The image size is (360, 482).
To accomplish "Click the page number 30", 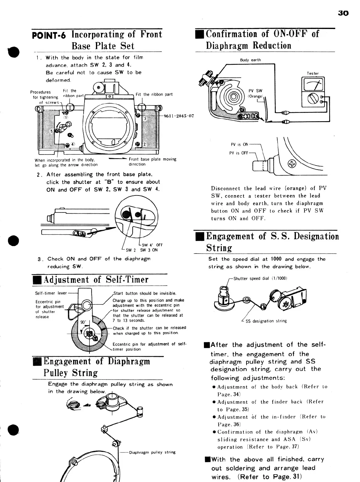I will (x=343, y=13).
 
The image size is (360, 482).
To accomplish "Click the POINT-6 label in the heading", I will (x=49, y=36).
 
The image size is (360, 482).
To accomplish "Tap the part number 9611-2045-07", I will (x=178, y=116).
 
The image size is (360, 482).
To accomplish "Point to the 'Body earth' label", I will (x=250, y=60).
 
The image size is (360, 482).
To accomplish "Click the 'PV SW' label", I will (x=255, y=91).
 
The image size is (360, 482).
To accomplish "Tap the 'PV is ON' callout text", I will (x=239, y=144).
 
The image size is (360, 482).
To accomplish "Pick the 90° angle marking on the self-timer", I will (x=83, y=322).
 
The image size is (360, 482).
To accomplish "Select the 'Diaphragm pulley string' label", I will (x=152, y=452).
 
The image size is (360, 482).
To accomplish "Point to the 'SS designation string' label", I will (x=266, y=321).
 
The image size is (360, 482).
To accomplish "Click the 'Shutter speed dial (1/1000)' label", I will (x=260, y=278).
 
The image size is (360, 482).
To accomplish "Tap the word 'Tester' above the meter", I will (x=312, y=73).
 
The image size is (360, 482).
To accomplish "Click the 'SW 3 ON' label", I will (x=149, y=250).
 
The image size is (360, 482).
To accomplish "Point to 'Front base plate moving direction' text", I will (x=152, y=162).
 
